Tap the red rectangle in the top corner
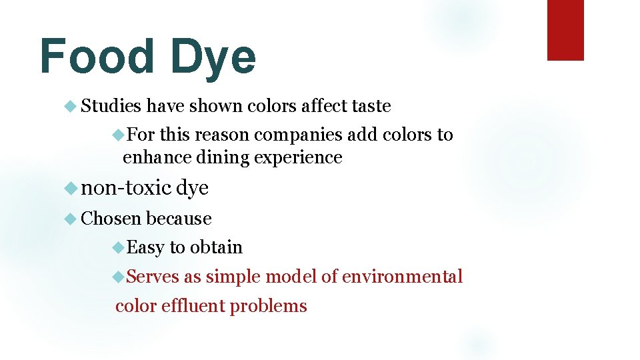tap(565, 30)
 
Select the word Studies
tap(111, 106)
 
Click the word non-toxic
tap(126, 189)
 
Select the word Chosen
tap(111, 219)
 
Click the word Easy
tap(145, 247)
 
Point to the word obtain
tap(216, 247)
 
